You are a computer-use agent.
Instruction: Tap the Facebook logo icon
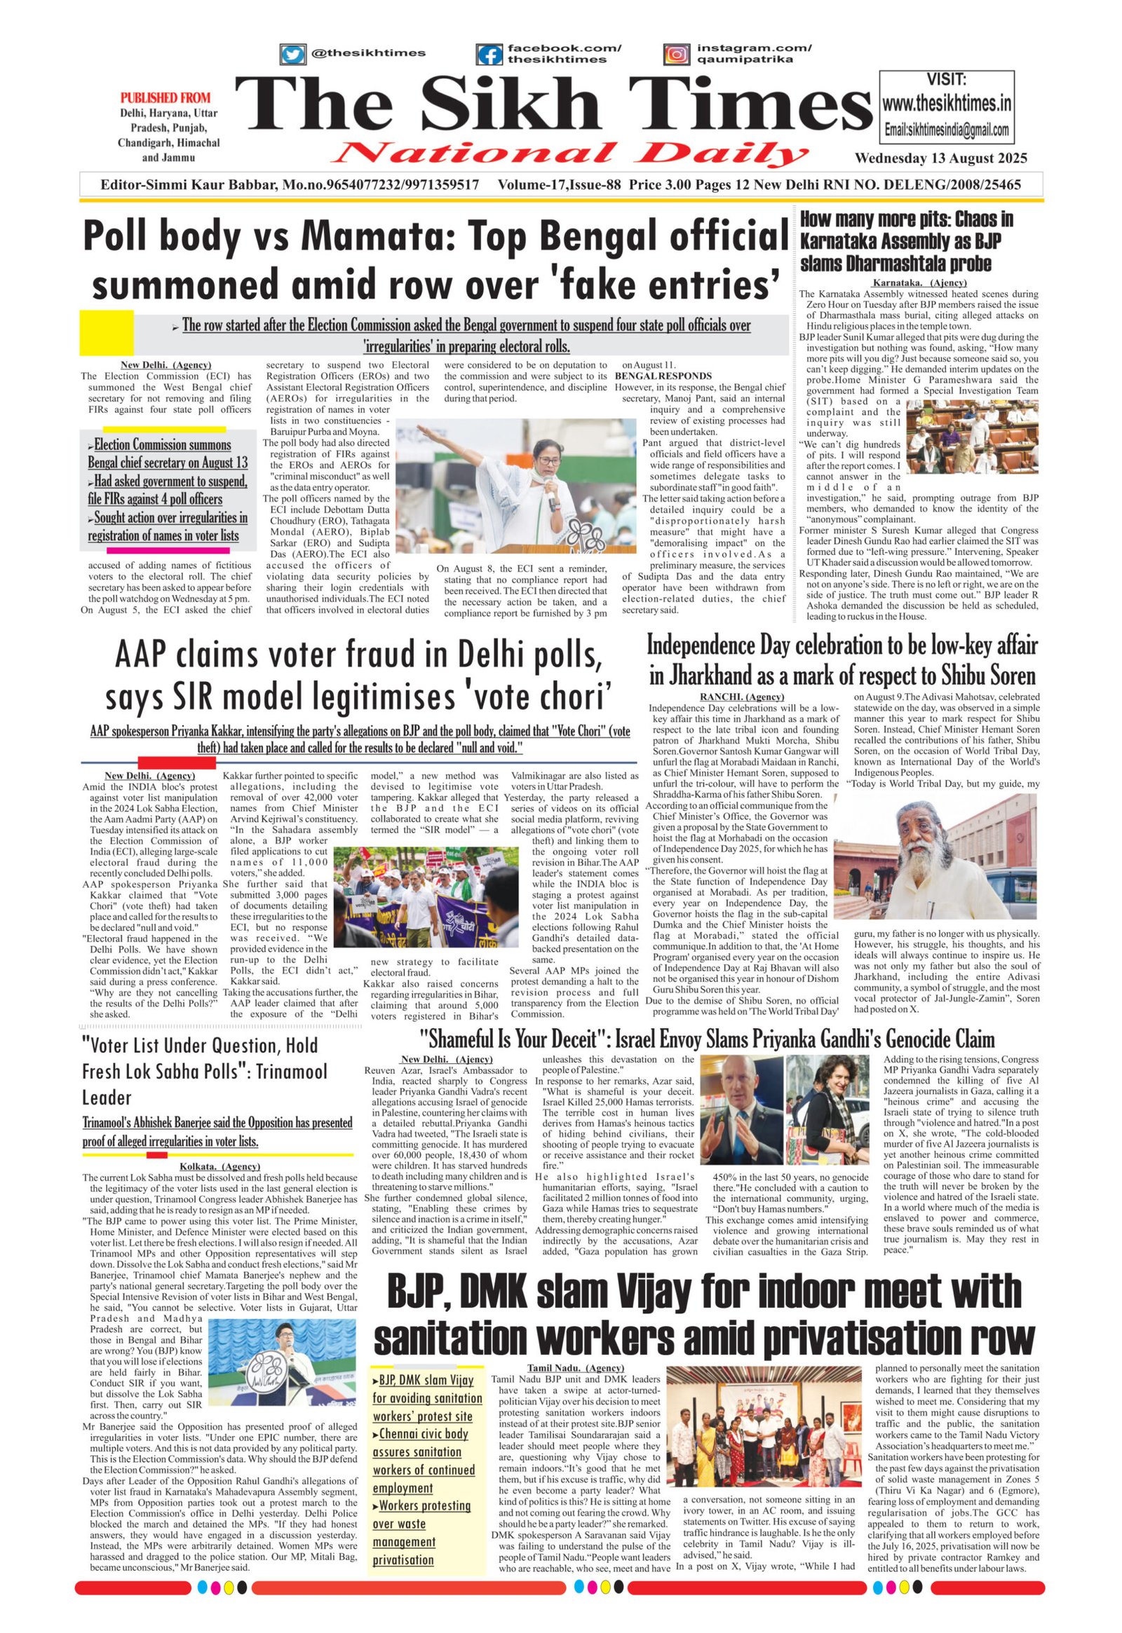489,55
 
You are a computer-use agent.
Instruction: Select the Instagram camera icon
676,54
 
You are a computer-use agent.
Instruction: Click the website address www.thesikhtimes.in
946,104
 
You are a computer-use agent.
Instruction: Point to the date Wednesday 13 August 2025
940,158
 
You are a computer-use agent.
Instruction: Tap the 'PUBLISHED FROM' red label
165,97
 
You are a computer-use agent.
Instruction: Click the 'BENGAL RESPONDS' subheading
663,376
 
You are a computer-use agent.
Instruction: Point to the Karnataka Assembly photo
971,429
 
